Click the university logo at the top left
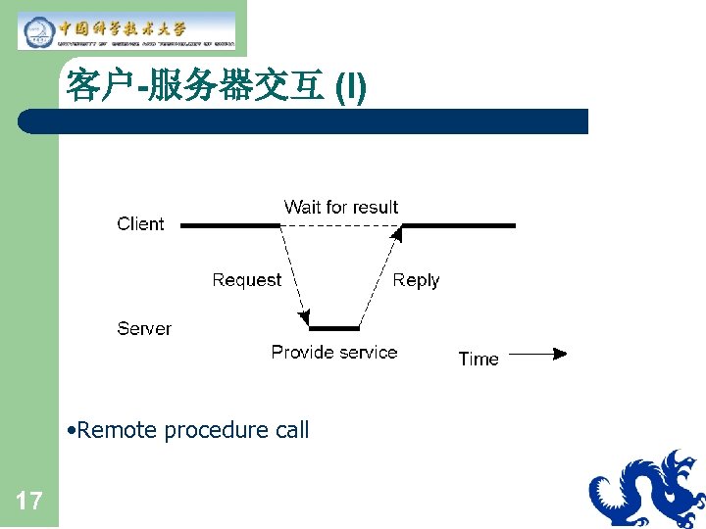pyautogui.click(x=127, y=29)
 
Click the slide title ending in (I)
pyautogui.click(x=216, y=86)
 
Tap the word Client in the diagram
pyautogui.click(x=140, y=224)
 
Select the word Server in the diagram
pyautogui.click(x=143, y=329)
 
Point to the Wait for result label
pyautogui.click(x=340, y=207)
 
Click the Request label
pyautogui.click(x=246, y=280)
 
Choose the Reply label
pyautogui.click(x=416, y=280)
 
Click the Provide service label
pyautogui.click(x=333, y=353)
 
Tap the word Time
pyautogui.click(x=479, y=360)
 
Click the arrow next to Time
pyautogui.click(x=537, y=354)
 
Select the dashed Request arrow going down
pyautogui.click(x=293, y=274)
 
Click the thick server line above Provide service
pyautogui.click(x=333, y=328)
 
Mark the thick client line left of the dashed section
pyautogui.click(x=230, y=225)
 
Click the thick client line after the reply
pyautogui.click(x=458, y=225)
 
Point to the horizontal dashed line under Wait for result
pyautogui.click(x=340, y=225)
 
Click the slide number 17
pyautogui.click(x=29, y=503)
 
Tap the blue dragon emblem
pyautogui.click(x=646, y=490)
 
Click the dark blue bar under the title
pyautogui.click(x=304, y=121)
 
